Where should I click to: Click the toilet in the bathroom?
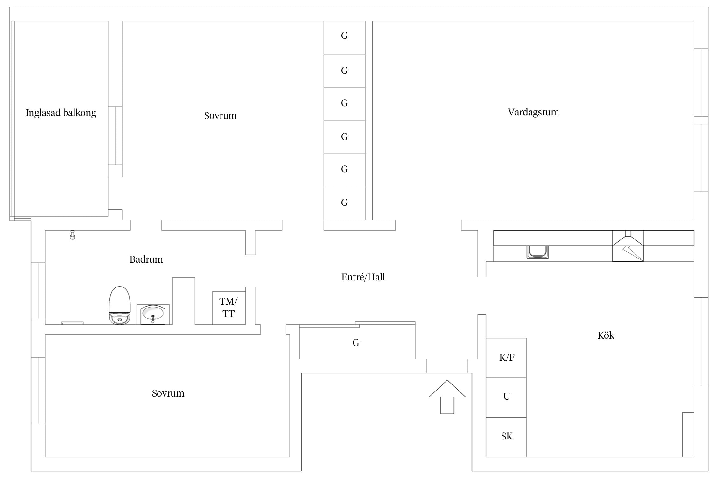(120, 305)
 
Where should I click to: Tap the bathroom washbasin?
(153, 315)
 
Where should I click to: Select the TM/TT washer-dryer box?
(229, 308)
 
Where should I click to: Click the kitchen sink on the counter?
(537, 252)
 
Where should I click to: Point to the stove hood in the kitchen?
(628, 246)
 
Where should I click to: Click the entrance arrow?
(447, 397)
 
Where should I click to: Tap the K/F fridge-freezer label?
(507, 357)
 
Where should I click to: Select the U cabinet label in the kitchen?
(507, 397)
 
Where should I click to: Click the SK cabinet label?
(507, 436)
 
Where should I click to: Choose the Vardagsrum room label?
(533, 112)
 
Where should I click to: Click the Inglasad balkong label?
(61, 113)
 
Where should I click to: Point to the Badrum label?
(146, 259)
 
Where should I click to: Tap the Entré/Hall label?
(363, 277)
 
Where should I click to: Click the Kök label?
(606, 335)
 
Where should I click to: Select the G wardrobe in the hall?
(357, 342)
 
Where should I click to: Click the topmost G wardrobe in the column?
(344, 38)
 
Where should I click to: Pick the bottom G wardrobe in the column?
(344, 204)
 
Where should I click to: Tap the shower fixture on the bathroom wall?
(73, 235)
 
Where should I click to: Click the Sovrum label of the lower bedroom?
(168, 393)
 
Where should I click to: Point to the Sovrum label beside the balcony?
(220, 116)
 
